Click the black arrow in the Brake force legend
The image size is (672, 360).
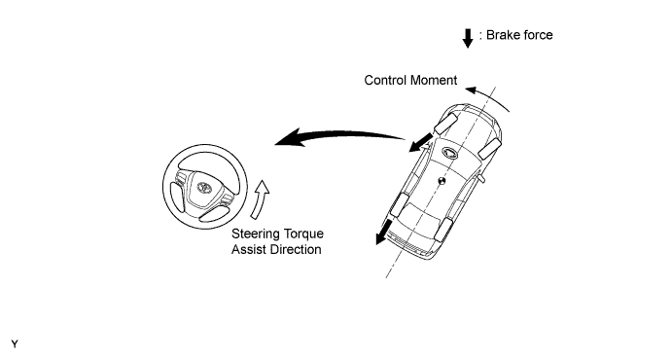(x=468, y=38)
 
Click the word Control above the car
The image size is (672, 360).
(x=385, y=80)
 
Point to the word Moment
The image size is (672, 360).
(x=434, y=80)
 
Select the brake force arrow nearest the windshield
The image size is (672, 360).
(x=420, y=142)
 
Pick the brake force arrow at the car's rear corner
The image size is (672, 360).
(x=383, y=232)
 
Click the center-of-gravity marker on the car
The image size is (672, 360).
(x=442, y=181)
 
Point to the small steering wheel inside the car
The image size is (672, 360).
(x=449, y=153)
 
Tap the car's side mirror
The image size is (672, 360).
(x=481, y=178)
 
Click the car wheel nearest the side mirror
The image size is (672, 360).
(x=489, y=148)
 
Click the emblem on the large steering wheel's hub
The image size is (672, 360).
(x=204, y=187)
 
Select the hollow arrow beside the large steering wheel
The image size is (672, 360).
(x=260, y=199)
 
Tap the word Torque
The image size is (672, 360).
(x=302, y=234)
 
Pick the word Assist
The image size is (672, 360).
(x=248, y=249)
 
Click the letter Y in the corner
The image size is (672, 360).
(x=15, y=344)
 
